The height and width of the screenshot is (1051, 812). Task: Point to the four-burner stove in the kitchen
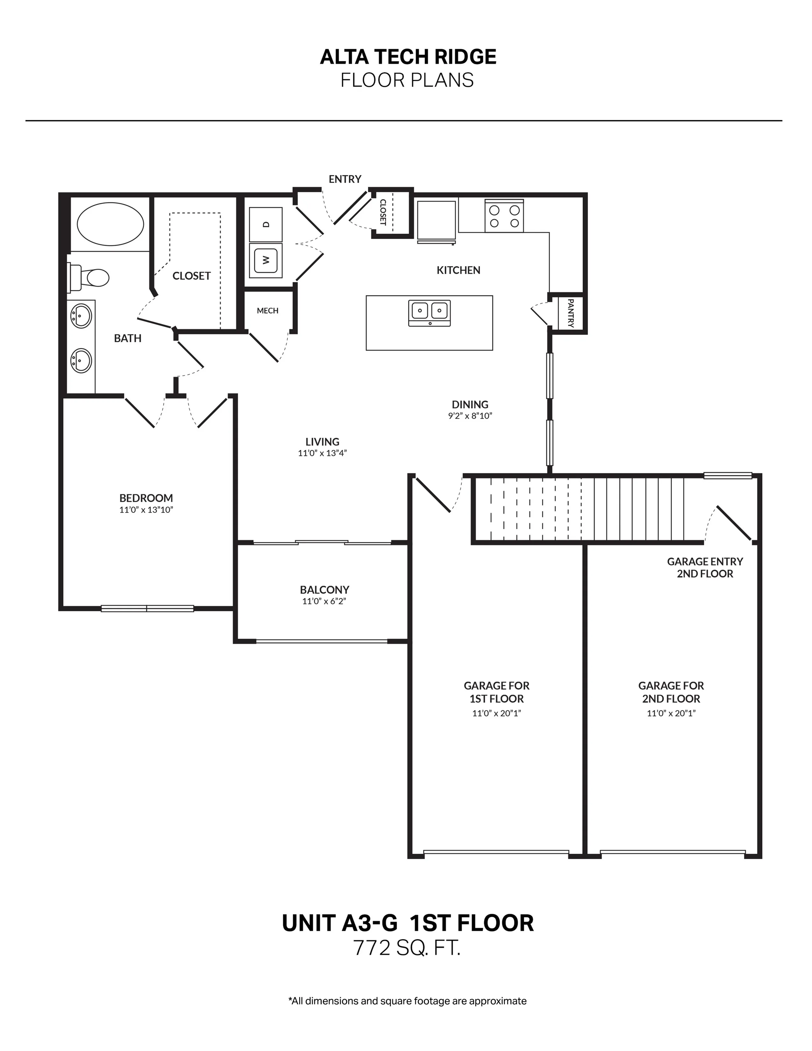click(x=504, y=216)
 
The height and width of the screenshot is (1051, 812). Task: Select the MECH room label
click(x=267, y=311)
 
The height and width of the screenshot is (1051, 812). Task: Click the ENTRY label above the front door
click(x=345, y=179)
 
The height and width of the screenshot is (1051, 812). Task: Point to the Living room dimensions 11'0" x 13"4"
click(x=322, y=453)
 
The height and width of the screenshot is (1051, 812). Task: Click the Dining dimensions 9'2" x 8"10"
click(x=470, y=416)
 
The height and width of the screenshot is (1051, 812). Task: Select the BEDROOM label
click(x=146, y=498)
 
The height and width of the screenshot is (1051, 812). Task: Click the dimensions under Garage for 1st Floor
click(x=496, y=713)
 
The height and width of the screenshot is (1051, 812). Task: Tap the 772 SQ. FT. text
click(x=407, y=948)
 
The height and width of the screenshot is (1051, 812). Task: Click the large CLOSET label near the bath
click(x=191, y=276)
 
